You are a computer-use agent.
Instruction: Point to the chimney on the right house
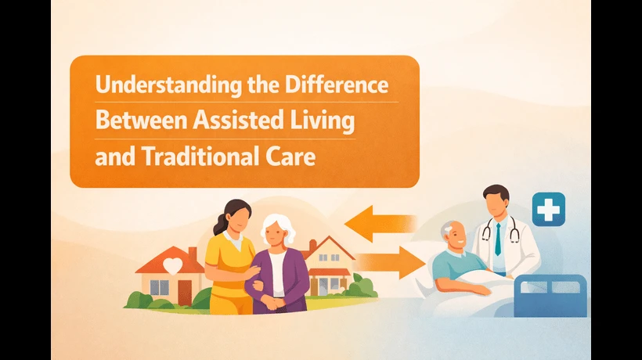[312, 247]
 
